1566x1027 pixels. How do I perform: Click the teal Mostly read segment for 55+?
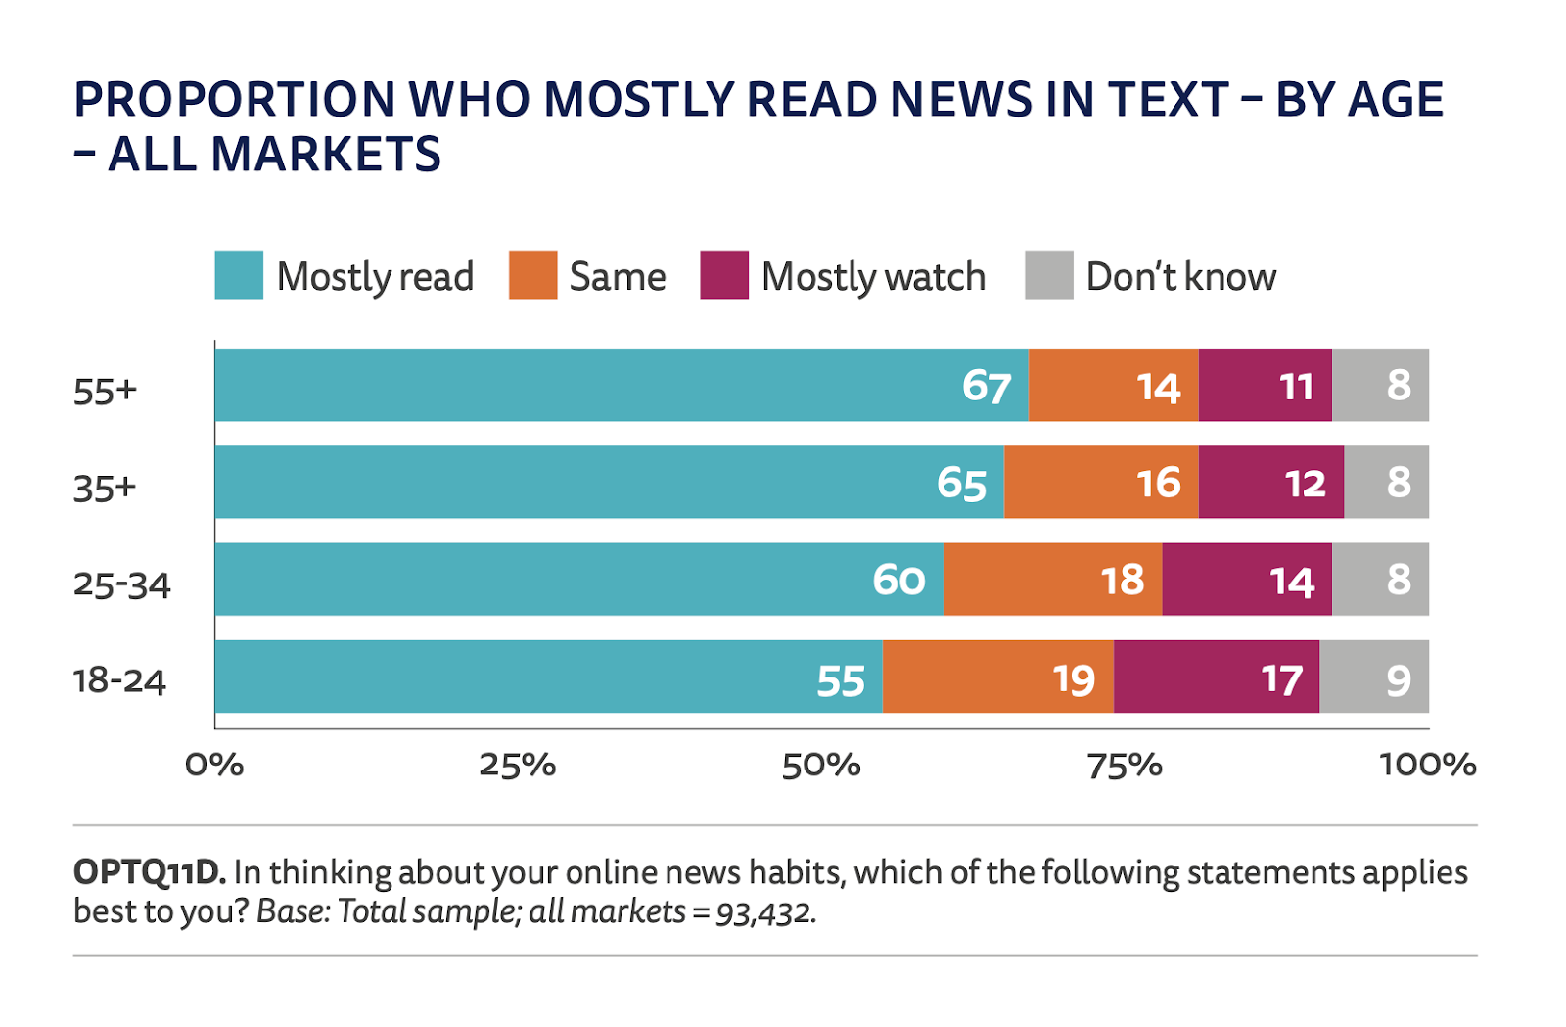click(x=622, y=385)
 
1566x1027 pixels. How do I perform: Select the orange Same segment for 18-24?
click(x=997, y=677)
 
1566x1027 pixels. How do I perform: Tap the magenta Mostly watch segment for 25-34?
click(x=1246, y=580)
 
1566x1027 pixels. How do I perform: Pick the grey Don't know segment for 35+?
click(x=1386, y=482)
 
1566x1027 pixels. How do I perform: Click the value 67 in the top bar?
click(x=986, y=387)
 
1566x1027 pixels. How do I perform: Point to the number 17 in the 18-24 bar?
click(x=1281, y=679)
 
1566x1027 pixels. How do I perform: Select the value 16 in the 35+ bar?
click(x=1159, y=483)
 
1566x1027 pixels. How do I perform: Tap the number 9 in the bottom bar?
click(x=1399, y=679)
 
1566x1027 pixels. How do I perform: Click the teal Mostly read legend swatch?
click(x=239, y=275)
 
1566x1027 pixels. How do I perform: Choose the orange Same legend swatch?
click(x=532, y=275)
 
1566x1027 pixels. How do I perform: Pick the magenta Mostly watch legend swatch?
click(x=724, y=275)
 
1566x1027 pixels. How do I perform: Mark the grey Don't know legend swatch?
click(x=1048, y=275)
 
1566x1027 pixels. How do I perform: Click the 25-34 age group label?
click(x=122, y=584)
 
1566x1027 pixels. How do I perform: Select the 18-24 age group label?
click(x=119, y=680)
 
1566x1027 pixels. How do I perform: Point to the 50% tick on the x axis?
click(x=820, y=765)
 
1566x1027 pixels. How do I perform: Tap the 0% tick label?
click(x=214, y=765)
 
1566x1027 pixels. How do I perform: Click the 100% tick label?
click(x=1427, y=765)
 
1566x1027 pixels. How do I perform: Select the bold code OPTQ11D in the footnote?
click(x=149, y=871)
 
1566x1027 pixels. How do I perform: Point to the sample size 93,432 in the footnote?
click(x=763, y=912)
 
